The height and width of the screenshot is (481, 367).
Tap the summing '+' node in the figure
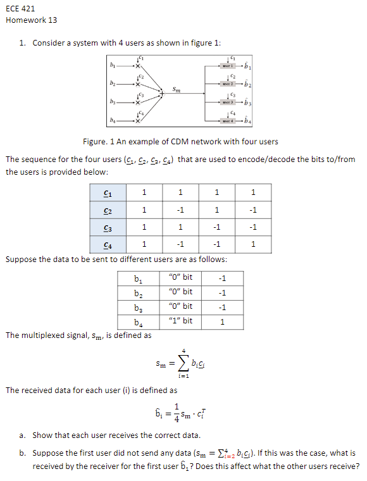click(161, 93)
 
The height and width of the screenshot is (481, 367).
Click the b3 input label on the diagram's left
click(113, 101)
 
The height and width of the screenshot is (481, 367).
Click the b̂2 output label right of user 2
click(249, 84)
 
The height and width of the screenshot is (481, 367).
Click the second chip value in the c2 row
click(180, 209)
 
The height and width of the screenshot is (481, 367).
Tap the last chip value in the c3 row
click(253, 227)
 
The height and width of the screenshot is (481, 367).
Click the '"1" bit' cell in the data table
click(181, 321)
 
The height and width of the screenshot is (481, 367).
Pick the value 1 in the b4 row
click(221, 322)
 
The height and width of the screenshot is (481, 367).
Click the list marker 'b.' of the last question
click(23, 453)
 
